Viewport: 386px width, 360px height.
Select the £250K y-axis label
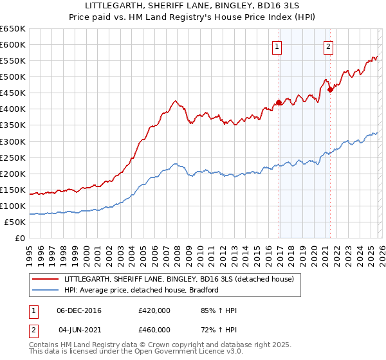[13, 157]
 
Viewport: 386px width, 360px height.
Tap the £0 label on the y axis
[19, 239]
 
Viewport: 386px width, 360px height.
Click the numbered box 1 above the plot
[277, 46]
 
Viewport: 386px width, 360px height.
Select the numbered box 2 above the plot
[328, 46]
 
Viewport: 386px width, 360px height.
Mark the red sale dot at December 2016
[279, 102]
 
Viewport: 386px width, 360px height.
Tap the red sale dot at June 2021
[330, 89]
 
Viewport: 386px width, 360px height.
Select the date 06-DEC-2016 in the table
[79, 311]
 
